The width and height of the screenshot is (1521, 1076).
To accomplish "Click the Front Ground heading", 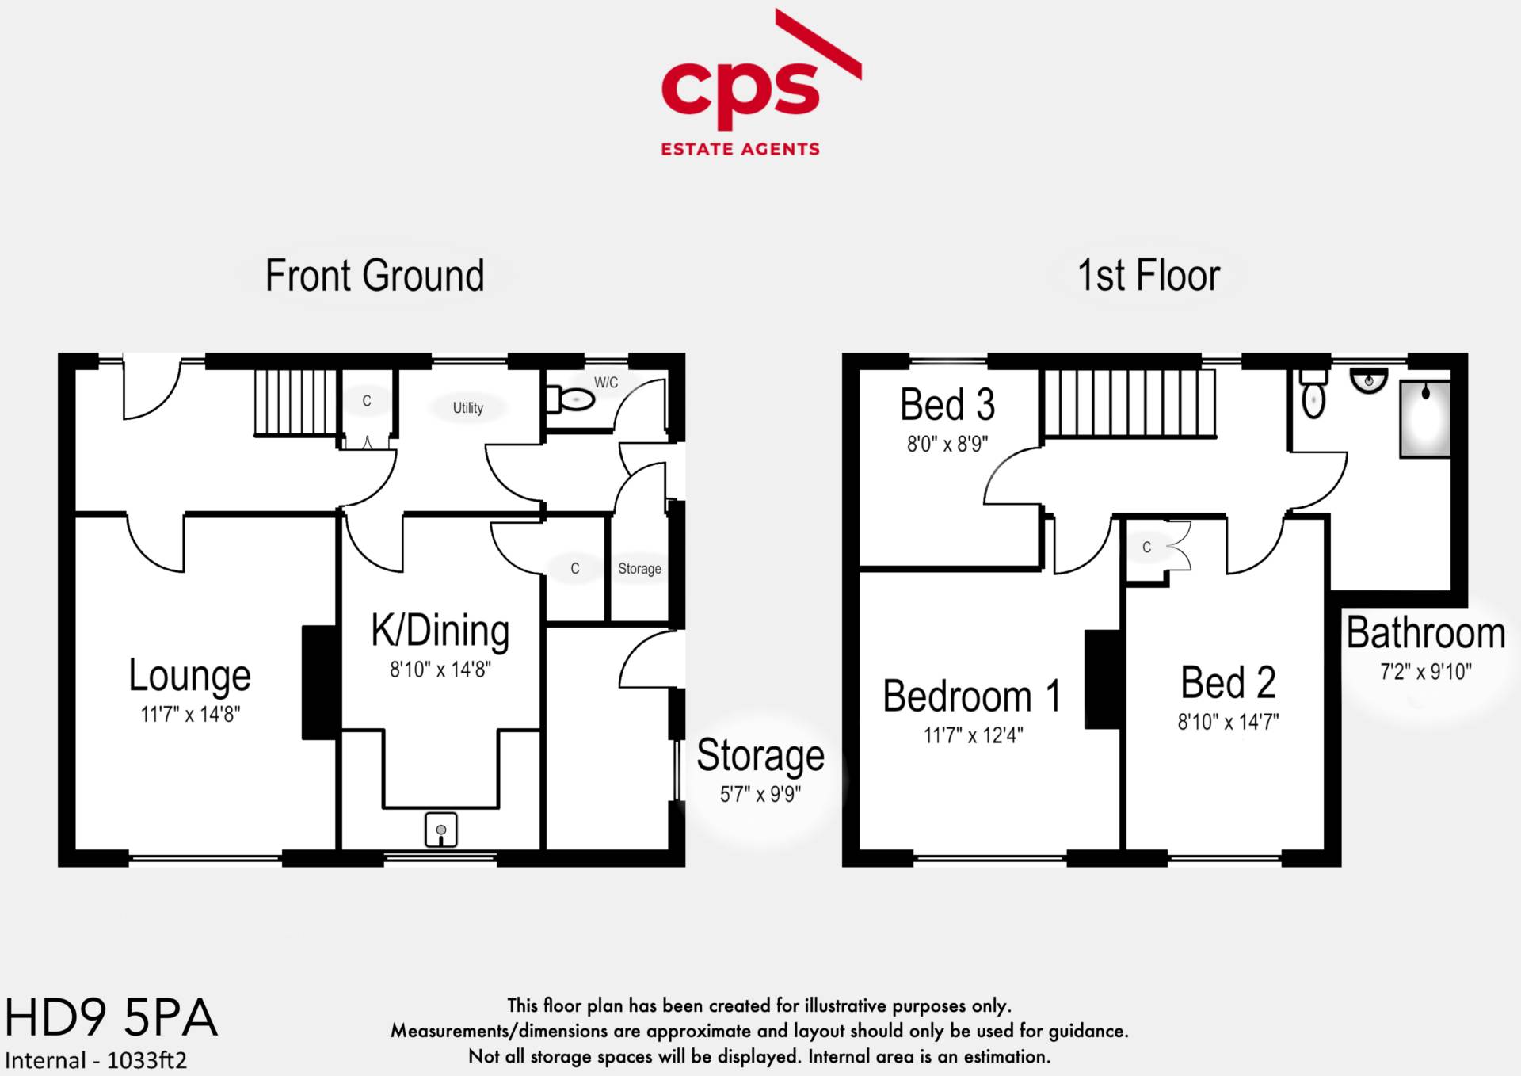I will click(x=375, y=276).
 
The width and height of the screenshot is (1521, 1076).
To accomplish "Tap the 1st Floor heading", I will click(x=1148, y=276).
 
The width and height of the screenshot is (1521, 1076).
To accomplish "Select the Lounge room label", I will click(x=190, y=676).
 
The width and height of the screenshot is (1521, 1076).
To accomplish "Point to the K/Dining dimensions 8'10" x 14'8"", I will click(x=440, y=670).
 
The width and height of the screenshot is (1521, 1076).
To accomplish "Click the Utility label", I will click(x=467, y=407).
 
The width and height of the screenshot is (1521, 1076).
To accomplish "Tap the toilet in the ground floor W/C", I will click(x=572, y=399).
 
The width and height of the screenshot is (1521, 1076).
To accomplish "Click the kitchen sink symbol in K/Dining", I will click(x=441, y=830).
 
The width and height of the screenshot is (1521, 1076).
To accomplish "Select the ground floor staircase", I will click(x=295, y=402).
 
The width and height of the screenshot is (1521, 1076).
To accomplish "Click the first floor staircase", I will click(x=1129, y=403).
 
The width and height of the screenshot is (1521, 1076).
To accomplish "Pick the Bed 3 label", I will click(x=947, y=405).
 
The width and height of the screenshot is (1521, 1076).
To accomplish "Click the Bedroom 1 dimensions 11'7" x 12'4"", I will click(x=973, y=735).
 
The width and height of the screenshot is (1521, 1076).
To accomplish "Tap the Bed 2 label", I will click(x=1228, y=682).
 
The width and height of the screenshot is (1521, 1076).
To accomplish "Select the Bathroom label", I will click(x=1425, y=633).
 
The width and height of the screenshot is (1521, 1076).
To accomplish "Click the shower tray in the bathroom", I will click(x=1424, y=419).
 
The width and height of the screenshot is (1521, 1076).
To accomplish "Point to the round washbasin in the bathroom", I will click(x=1369, y=382).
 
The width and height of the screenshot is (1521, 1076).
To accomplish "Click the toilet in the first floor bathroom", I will click(x=1313, y=396).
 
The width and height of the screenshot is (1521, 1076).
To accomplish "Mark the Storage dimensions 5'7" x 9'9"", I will click(x=760, y=794).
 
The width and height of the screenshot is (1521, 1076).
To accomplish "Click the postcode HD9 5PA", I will click(x=111, y=1017).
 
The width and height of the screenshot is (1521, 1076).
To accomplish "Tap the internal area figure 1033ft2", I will click(x=147, y=1060).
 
